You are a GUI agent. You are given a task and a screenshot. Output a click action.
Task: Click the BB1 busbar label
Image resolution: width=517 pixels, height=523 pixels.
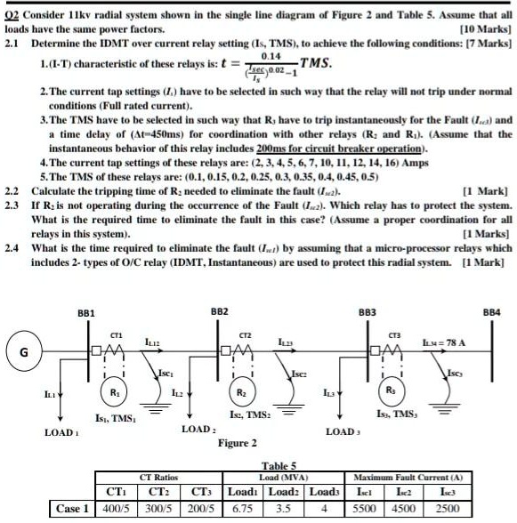tap(86, 313)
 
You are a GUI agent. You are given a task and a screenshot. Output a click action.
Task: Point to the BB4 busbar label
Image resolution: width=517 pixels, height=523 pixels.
tap(492, 313)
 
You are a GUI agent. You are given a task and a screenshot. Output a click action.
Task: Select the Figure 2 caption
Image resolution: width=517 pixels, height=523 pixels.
tap(239, 442)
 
